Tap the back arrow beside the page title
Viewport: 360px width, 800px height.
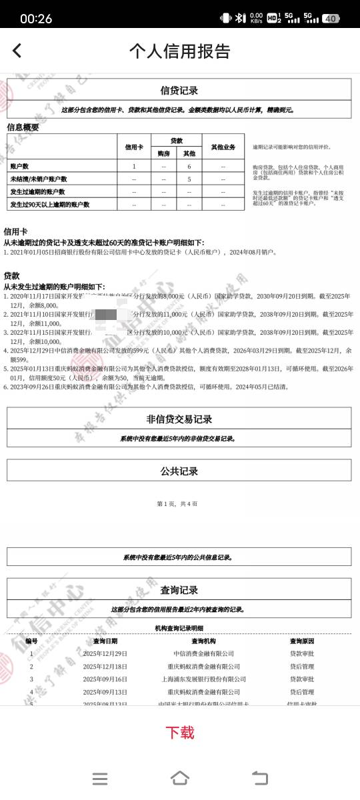[x=17, y=50]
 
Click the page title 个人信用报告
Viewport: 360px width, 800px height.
[x=179, y=51]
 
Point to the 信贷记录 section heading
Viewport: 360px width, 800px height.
[x=179, y=91]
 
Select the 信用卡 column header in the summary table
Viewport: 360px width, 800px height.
[x=134, y=147]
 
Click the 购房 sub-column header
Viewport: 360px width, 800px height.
[x=163, y=153]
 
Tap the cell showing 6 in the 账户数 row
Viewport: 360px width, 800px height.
[x=189, y=166]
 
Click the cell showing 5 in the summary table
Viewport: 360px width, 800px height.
[x=189, y=179]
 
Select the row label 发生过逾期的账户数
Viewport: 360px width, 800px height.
[x=37, y=191]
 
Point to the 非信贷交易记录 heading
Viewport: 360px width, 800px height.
[x=179, y=419]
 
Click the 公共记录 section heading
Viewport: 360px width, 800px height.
[x=179, y=471]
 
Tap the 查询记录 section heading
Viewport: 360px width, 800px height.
[x=179, y=589]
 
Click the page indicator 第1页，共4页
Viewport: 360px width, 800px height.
[x=177, y=503]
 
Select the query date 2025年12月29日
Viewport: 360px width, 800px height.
[x=105, y=653]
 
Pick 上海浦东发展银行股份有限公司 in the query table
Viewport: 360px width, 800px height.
[x=203, y=679]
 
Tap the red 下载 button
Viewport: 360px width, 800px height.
[x=179, y=733]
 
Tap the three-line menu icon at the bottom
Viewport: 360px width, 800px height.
[x=100, y=778]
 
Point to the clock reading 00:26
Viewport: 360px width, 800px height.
[x=36, y=19]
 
